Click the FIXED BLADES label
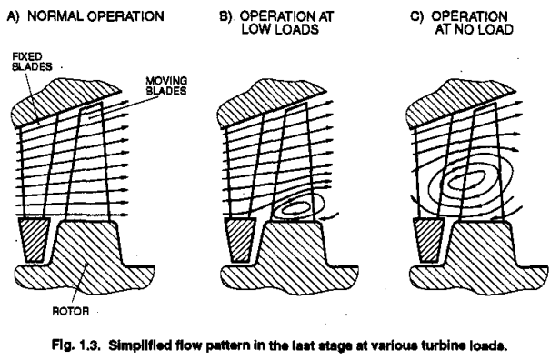[32, 62]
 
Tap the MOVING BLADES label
[166, 86]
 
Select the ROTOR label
[70, 311]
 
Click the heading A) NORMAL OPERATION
[85, 16]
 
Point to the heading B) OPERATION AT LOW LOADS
[276, 23]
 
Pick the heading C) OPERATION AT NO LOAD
[462, 23]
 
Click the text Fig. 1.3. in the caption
[75, 345]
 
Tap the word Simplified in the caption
[137, 345]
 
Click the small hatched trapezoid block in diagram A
[34, 240]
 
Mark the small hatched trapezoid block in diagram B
[240, 240]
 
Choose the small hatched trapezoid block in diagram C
[429, 240]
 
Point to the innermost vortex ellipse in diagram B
[295, 207]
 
